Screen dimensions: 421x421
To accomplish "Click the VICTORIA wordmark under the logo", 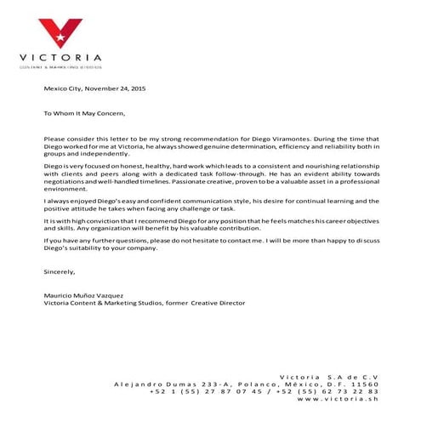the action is [60, 57].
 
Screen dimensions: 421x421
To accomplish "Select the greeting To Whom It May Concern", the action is [84, 112].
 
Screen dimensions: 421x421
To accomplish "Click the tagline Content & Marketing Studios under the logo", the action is [60, 65].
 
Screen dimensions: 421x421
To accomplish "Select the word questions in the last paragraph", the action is [137, 241].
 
